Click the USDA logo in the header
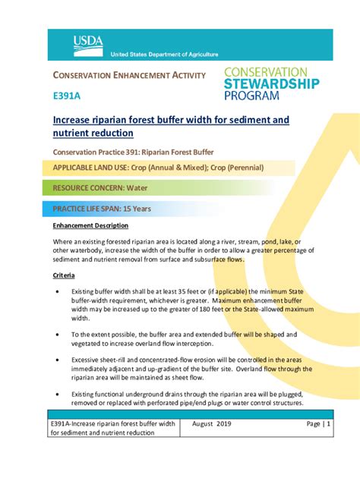tap(88, 45)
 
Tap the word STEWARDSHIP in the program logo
tap(271, 83)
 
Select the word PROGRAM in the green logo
tap(251, 96)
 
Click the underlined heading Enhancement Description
tap(90, 226)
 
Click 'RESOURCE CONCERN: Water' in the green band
tap(99, 187)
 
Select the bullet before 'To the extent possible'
tap(58, 335)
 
